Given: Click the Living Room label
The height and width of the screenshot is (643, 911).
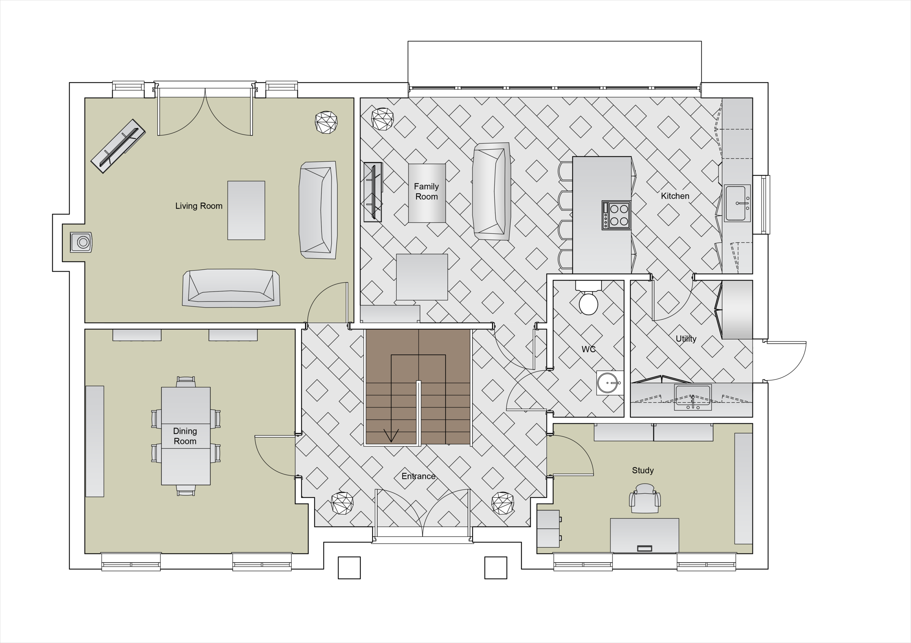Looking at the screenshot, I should [x=199, y=206].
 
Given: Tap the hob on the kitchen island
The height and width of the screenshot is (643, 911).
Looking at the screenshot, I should [x=616, y=215].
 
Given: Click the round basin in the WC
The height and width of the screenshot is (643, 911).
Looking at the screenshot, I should [x=609, y=383].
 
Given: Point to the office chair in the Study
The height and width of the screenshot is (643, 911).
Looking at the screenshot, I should [x=645, y=499].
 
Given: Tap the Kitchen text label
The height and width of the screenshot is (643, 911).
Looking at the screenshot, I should [x=675, y=196].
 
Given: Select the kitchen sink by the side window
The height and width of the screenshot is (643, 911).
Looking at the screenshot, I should [x=737, y=203].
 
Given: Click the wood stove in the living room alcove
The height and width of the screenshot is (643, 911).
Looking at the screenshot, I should [x=81, y=242].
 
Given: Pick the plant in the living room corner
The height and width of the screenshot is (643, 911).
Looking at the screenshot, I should [x=326, y=122].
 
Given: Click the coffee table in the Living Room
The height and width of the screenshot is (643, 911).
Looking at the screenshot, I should [x=246, y=210].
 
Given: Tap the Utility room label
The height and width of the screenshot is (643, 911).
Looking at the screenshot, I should [x=686, y=339].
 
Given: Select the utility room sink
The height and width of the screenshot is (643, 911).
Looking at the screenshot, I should [x=693, y=397].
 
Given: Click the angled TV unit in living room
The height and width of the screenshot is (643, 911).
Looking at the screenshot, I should [x=118, y=146].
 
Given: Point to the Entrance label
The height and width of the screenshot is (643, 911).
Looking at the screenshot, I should [x=418, y=477].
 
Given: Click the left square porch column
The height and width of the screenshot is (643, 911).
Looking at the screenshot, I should [x=349, y=568].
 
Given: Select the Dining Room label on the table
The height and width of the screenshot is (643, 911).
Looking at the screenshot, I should [x=185, y=436].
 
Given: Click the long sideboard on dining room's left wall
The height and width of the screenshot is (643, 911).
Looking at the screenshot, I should [x=95, y=441].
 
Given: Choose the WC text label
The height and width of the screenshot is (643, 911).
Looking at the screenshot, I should [x=589, y=349].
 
